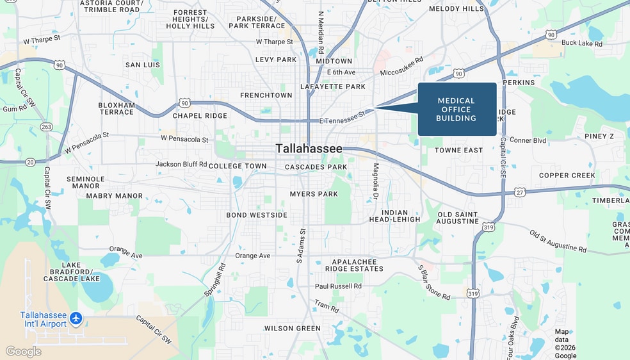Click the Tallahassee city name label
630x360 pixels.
(309, 149)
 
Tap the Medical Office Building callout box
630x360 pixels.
(457, 109)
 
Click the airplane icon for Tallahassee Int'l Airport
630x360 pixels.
(77, 318)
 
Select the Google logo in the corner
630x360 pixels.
(24, 352)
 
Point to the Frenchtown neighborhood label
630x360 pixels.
(266, 95)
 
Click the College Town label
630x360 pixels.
(238, 166)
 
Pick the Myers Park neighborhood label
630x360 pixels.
(313, 193)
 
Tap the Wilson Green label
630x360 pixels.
(293, 329)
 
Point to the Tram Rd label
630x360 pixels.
(327, 306)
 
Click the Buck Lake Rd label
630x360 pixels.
(582, 44)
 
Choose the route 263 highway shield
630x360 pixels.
(46, 127)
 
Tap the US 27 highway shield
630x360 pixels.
(519, 192)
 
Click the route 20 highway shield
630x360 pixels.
(31, 163)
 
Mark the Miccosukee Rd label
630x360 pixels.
(402, 67)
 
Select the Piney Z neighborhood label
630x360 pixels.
(599, 136)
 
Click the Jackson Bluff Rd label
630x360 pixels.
(181, 164)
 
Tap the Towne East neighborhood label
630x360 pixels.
(458, 150)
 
